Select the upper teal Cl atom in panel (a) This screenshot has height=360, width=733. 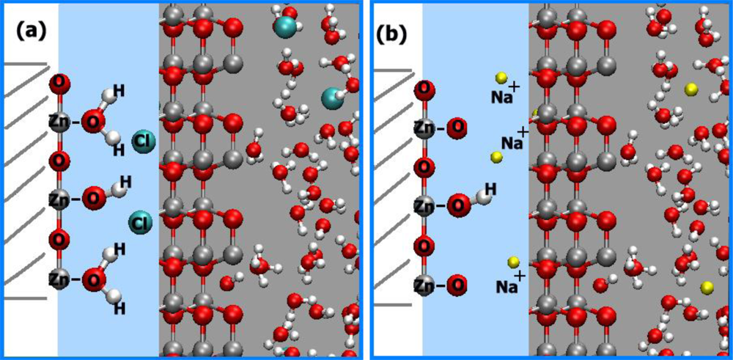(x=142, y=140)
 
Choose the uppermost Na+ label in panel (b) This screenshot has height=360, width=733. (x=505, y=94)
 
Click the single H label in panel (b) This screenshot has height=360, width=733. (x=490, y=190)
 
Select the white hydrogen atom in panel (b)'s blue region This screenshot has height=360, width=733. (x=482, y=196)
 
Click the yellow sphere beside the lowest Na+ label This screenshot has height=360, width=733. (x=514, y=262)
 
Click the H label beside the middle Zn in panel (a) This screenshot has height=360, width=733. (x=125, y=180)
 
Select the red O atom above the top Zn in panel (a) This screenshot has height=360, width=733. (x=59, y=83)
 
